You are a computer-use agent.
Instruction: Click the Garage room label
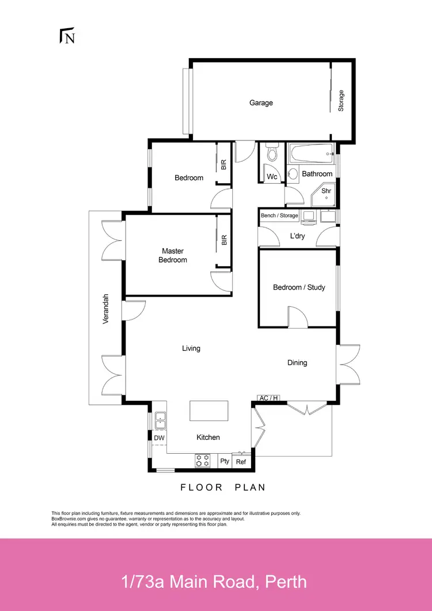pos(261,103)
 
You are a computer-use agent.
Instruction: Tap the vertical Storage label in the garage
pos(341,101)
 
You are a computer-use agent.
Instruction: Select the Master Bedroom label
pos(173,256)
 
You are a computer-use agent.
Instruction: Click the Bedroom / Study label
pos(299,287)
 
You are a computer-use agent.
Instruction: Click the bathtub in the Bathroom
pos(312,154)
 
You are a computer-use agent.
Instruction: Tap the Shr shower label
pos(326,191)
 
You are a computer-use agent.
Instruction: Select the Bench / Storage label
pos(279,216)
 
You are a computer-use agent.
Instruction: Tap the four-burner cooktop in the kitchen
pos(203,460)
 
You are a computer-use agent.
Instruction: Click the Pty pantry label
pos(225,461)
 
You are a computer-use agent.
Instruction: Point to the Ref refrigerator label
pos(241,461)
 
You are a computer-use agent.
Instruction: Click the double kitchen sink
pos(160,420)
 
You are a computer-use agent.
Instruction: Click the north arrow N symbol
pos(68,36)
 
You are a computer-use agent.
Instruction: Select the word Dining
pos(297,363)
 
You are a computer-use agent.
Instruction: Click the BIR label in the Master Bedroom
pos(224,240)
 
